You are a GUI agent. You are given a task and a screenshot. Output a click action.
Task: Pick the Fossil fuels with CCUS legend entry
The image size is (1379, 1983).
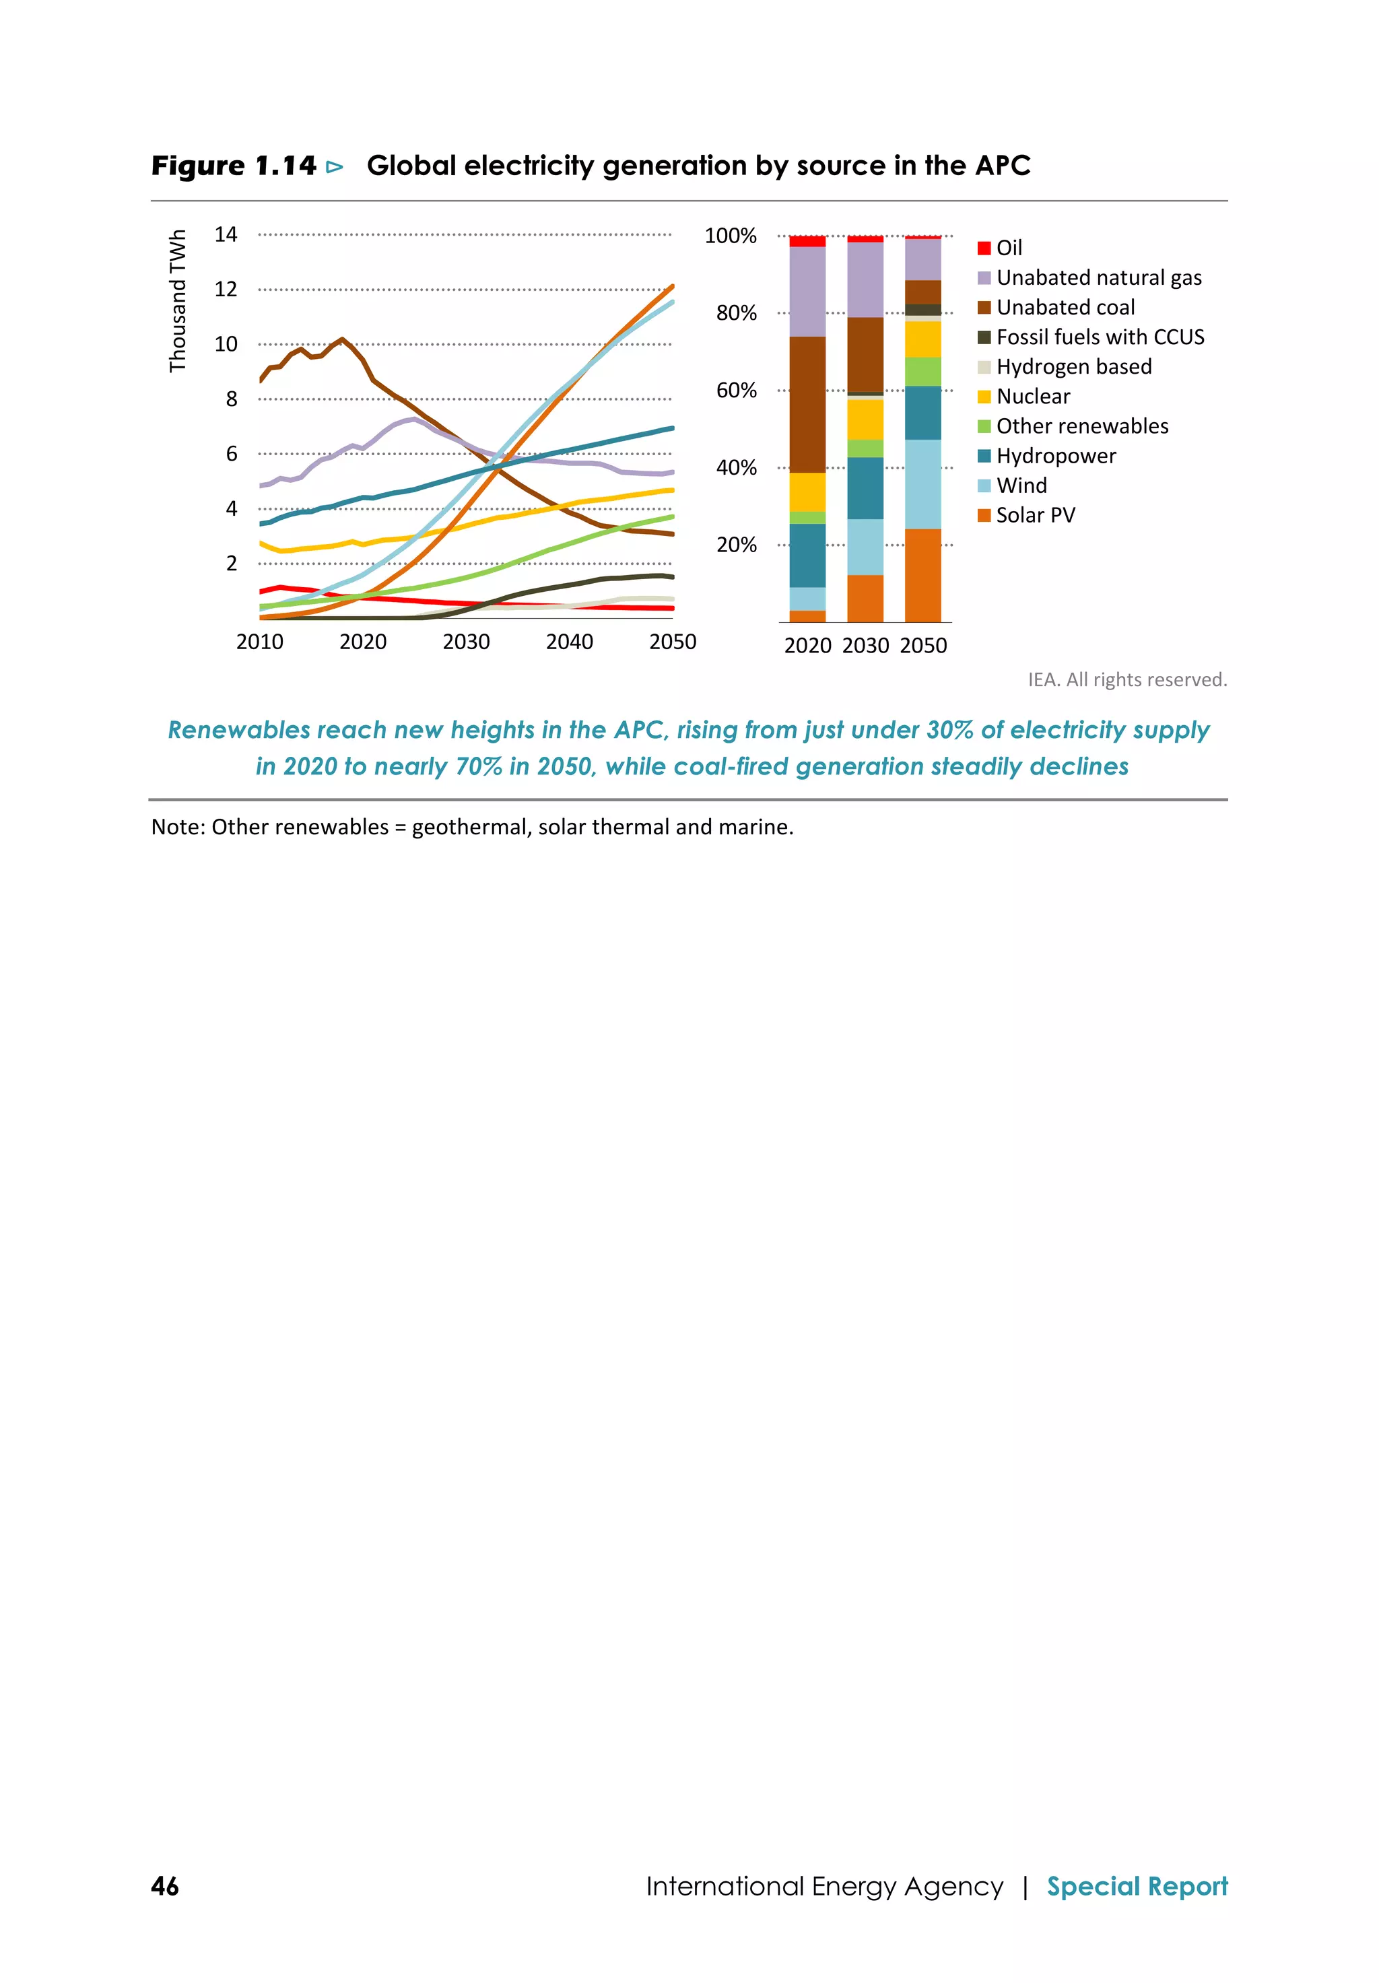[1091, 337]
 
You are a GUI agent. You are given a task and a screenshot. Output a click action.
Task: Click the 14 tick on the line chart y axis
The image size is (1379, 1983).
[226, 235]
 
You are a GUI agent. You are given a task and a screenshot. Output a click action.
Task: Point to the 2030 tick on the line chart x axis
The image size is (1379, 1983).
[466, 642]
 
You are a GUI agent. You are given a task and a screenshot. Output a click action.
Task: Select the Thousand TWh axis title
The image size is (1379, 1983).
[178, 300]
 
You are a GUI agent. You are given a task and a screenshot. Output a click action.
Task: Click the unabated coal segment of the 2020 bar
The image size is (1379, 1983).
[807, 404]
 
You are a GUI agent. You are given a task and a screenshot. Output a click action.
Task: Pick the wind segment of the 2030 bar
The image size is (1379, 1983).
[865, 547]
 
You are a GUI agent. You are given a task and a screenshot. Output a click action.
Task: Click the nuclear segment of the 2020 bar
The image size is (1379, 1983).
[807, 492]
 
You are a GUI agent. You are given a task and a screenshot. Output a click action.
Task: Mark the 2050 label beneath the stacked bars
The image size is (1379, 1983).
[923, 646]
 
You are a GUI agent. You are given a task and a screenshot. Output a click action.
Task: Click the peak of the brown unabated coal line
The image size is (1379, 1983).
[343, 339]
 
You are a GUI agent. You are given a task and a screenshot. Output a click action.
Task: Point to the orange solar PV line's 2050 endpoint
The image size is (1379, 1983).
[672, 286]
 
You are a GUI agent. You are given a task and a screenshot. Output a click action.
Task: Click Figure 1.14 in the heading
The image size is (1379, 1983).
[234, 166]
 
